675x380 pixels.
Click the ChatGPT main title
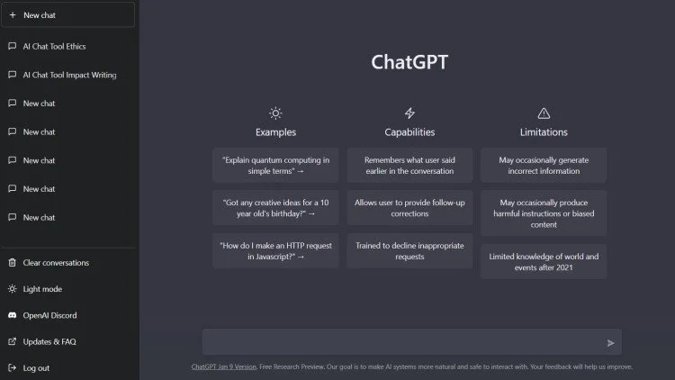click(x=409, y=62)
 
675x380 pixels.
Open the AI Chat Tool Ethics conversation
click(x=54, y=46)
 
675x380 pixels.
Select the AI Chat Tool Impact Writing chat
click(x=68, y=75)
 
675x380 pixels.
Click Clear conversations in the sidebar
click(x=55, y=263)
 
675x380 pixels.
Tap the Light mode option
click(x=41, y=289)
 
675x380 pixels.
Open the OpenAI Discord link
click(x=49, y=315)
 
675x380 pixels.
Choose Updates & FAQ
click(x=49, y=342)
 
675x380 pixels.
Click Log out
click(x=36, y=368)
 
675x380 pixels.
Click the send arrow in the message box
click(x=611, y=343)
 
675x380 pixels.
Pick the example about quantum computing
click(x=275, y=166)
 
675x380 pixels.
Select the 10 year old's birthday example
click(x=275, y=208)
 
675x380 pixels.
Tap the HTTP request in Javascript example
click(x=275, y=250)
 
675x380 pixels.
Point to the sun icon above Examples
click(x=275, y=113)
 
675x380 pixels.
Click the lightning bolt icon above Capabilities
click(x=409, y=113)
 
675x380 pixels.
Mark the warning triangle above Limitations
click(x=544, y=113)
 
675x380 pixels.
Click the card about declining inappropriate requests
click(x=409, y=250)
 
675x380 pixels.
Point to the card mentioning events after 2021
click(x=544, y=261)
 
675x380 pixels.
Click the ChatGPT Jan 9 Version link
click(x=223, y=367)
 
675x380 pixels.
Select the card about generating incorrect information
click(x=544, y=166)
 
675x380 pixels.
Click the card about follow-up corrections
click(x=409, y=208)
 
